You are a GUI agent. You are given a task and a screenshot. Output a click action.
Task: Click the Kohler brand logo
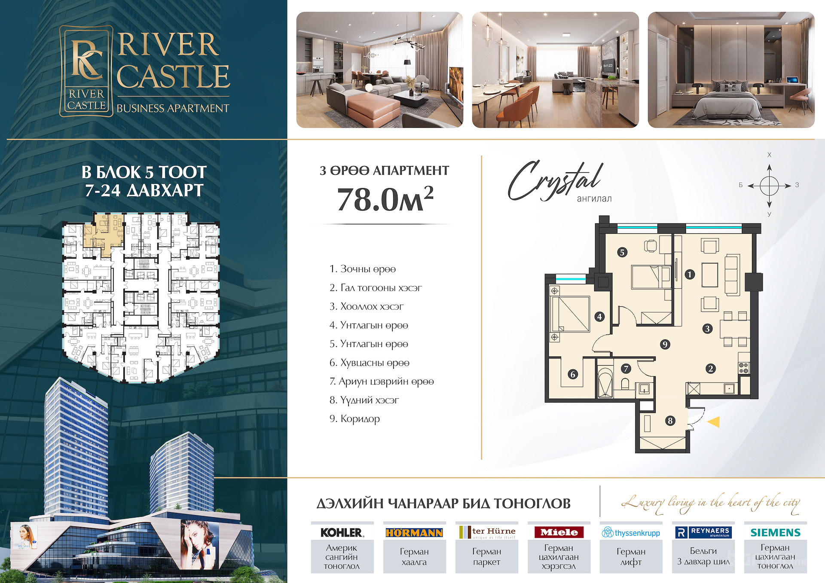pos(342,532)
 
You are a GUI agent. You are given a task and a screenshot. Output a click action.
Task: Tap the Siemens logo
pos(775,532)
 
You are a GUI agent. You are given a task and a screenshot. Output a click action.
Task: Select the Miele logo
pos(559,532)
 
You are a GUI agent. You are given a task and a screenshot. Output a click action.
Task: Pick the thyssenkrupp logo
pos(631,533)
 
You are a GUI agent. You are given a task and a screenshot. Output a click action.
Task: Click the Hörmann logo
pos(414,533)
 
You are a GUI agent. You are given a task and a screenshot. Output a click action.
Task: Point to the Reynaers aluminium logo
pos(703,532)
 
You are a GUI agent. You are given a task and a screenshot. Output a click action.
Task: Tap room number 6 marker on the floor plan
pos(572,374)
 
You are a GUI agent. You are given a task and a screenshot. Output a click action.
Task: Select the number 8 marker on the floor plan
pos(670,421)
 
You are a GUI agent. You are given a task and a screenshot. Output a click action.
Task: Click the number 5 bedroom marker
pos(622,252)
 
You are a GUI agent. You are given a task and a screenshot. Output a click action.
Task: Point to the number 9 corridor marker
pos(665,344)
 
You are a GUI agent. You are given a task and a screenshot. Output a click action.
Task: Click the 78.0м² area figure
pos(385,199)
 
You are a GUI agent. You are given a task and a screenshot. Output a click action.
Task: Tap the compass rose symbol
pos(769,186)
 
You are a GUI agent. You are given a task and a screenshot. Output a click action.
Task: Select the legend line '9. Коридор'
pos(354,418)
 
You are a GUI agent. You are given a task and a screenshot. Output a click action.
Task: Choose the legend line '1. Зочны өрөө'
pos(362,269)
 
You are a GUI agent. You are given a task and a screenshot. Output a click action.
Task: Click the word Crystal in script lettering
pos(555,180)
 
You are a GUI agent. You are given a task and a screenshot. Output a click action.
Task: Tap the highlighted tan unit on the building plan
pos(104,234)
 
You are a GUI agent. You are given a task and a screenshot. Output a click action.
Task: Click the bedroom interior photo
pos(731,70)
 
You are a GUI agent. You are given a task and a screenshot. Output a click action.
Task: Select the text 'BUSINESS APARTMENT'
pos(173,108)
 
